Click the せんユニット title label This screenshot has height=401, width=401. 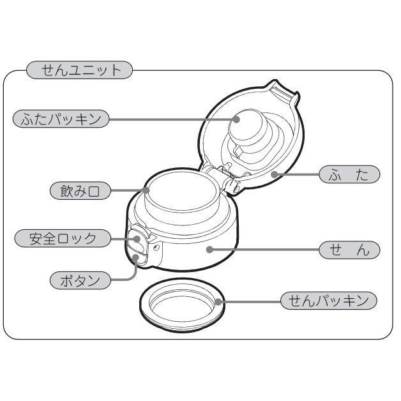click(79, 70)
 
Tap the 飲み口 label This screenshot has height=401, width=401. click(80, 190)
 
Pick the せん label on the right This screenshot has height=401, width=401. click(349, 250)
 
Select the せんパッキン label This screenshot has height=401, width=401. click(329, 300)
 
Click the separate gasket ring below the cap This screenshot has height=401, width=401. click(182, 308)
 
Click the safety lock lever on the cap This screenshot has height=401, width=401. click(139, 239)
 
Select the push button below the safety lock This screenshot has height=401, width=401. click(139, 258)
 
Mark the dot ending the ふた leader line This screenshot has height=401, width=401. click(273, 174)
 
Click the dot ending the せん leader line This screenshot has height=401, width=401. click(209, 250)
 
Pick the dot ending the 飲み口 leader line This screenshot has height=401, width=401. click(146, 190)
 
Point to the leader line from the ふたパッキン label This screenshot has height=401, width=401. click(172, 119)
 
